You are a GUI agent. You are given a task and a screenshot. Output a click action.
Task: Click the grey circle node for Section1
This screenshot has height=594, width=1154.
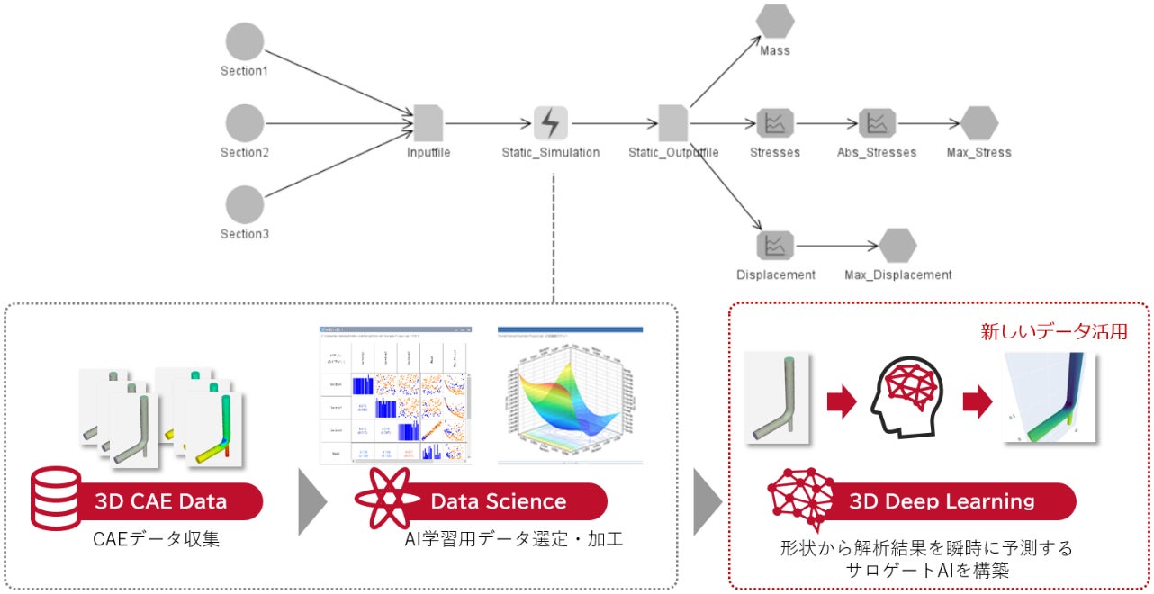[x=245, y=41]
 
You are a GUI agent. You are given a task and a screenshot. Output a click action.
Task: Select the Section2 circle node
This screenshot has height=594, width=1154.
[x=245, y=123]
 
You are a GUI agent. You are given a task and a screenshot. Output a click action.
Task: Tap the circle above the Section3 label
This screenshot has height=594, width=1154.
[x=245, y=204]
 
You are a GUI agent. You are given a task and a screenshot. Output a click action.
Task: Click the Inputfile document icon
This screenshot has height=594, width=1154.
[x=428, y=123]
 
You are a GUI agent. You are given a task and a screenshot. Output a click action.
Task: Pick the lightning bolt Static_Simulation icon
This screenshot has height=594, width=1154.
[x=551, y=123]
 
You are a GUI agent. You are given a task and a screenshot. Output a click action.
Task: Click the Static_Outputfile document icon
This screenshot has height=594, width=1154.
[x=673, y=123]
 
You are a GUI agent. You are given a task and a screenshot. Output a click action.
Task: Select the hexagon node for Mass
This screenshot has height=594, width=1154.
[x=775, y=22]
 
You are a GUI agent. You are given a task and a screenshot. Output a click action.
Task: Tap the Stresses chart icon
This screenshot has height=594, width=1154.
[x=775, y=123]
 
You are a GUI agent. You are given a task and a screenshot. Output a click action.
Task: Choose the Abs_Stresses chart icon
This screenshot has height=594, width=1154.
[x=877, y=123]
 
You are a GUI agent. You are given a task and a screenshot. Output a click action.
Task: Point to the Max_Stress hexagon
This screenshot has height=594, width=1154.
[x=979, y=123]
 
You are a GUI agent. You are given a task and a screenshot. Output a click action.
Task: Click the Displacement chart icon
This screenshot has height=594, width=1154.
[x=775, y=245]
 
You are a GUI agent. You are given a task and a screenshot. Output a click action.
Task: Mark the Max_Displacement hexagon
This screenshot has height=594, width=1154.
[x=897, y=245]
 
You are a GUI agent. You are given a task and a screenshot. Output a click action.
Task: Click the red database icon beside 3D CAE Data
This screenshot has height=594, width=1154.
[x=56, y=498]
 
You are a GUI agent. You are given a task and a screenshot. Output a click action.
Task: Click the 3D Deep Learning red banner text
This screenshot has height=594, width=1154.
[x=942, y=501]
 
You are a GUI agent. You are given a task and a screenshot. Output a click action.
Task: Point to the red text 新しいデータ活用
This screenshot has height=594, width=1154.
[x=1053, y=331]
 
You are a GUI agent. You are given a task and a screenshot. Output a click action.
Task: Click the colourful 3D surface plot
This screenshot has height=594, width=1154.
[x=570, y=396]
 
